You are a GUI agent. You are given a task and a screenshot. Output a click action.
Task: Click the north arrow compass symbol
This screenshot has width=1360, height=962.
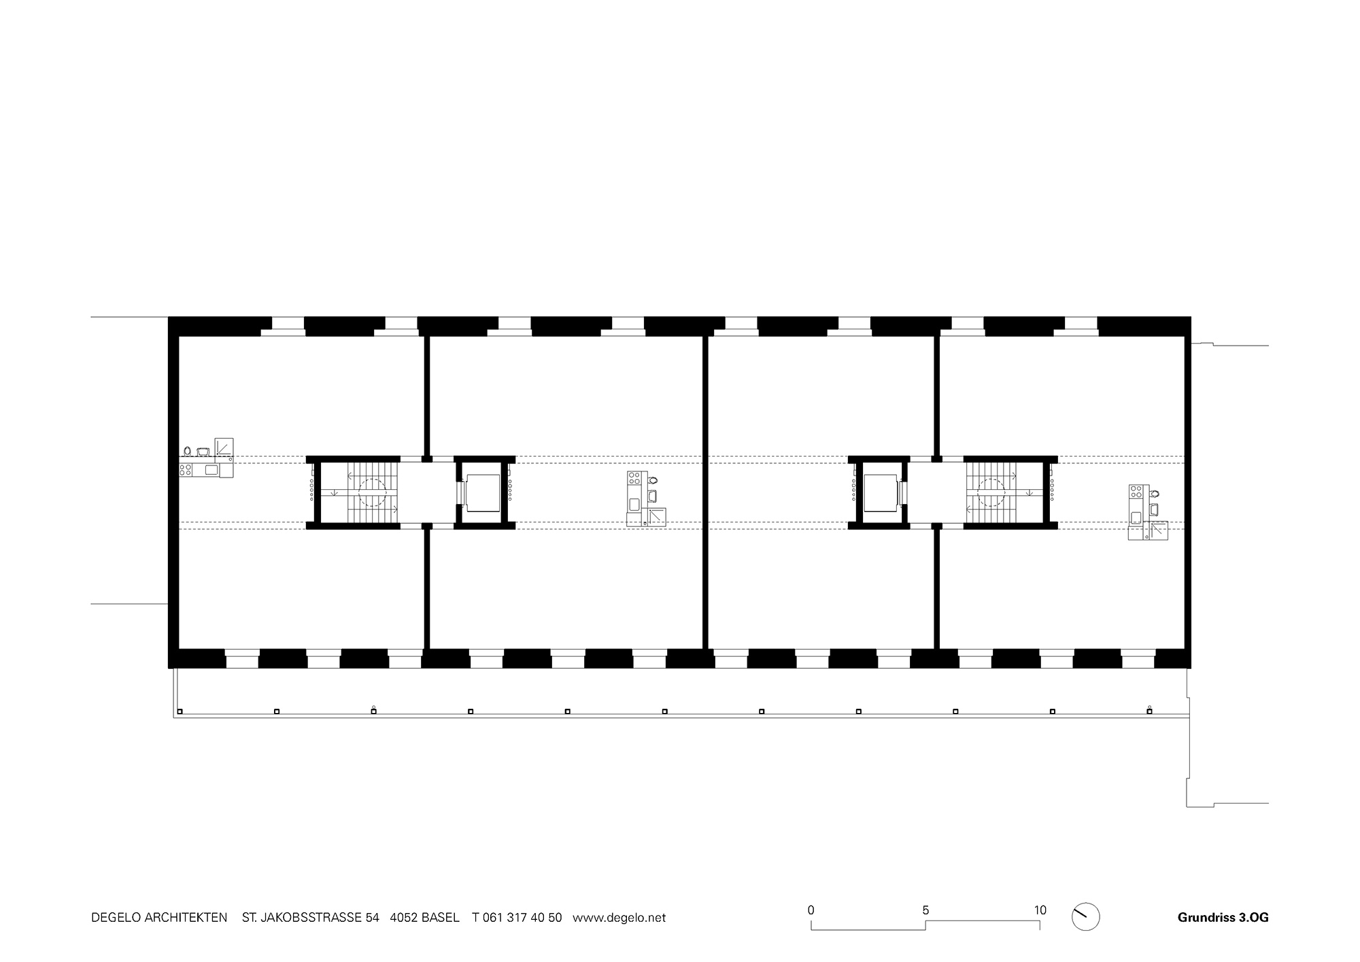pyautogui.click(x=1085, y=916)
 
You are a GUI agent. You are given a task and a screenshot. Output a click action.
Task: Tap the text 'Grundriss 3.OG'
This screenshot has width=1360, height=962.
pyautogui.click(x=1223, y=917)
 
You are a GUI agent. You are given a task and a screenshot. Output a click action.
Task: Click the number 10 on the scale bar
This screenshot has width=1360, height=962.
pyautogui.click(x=1040, y=910)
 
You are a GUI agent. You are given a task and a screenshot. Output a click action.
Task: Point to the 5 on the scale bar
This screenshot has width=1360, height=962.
pyautogui.click(x=925, y=910)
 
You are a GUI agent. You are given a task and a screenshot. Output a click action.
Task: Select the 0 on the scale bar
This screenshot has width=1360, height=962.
pyautogui.click(x=811, y=910)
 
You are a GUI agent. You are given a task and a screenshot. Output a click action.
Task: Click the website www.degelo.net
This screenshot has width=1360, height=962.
pyautogui.click(x=619, y=917)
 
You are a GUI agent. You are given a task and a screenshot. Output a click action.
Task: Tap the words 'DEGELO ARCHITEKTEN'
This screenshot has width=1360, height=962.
pyautogui.click(x=159, y=917)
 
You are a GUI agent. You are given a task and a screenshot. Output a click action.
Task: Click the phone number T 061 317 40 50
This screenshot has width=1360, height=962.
pyautogui.click(x=517, y=917)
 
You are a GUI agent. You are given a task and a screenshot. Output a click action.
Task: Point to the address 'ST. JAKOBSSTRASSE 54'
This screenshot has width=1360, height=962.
pyautogui.click(x=310, y=917)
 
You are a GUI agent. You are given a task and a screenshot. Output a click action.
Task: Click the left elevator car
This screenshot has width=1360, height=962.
pyautogui.click(x=483, y=493)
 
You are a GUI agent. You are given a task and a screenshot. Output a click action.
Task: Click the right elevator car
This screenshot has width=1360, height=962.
pyautogui.click(x=881, y=493)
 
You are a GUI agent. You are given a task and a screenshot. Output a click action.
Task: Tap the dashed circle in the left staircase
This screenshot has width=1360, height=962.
pyautogui.click(x=372, y=493)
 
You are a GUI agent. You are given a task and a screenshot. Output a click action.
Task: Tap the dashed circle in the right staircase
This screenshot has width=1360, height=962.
pyautogui.click(x=991, y=493)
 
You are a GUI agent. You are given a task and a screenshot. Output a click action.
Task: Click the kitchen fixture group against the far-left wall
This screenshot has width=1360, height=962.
pyautogui.click(x=207, y=459)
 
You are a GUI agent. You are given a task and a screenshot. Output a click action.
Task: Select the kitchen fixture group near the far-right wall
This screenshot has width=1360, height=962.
pyautogui.click(x=1147, y=512)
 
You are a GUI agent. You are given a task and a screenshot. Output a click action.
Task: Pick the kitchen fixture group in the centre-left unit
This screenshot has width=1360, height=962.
pyautogui.click(x=645, y=499)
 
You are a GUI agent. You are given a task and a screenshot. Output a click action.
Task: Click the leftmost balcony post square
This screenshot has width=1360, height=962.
pyautogui.click(x=180, y=712)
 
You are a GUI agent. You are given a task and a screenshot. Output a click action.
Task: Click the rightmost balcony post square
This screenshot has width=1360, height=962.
pyautogui.click(x=1149, y=712)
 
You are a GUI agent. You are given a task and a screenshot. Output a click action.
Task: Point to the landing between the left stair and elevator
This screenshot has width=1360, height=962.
pyautogui.click(x=426, y=493)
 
